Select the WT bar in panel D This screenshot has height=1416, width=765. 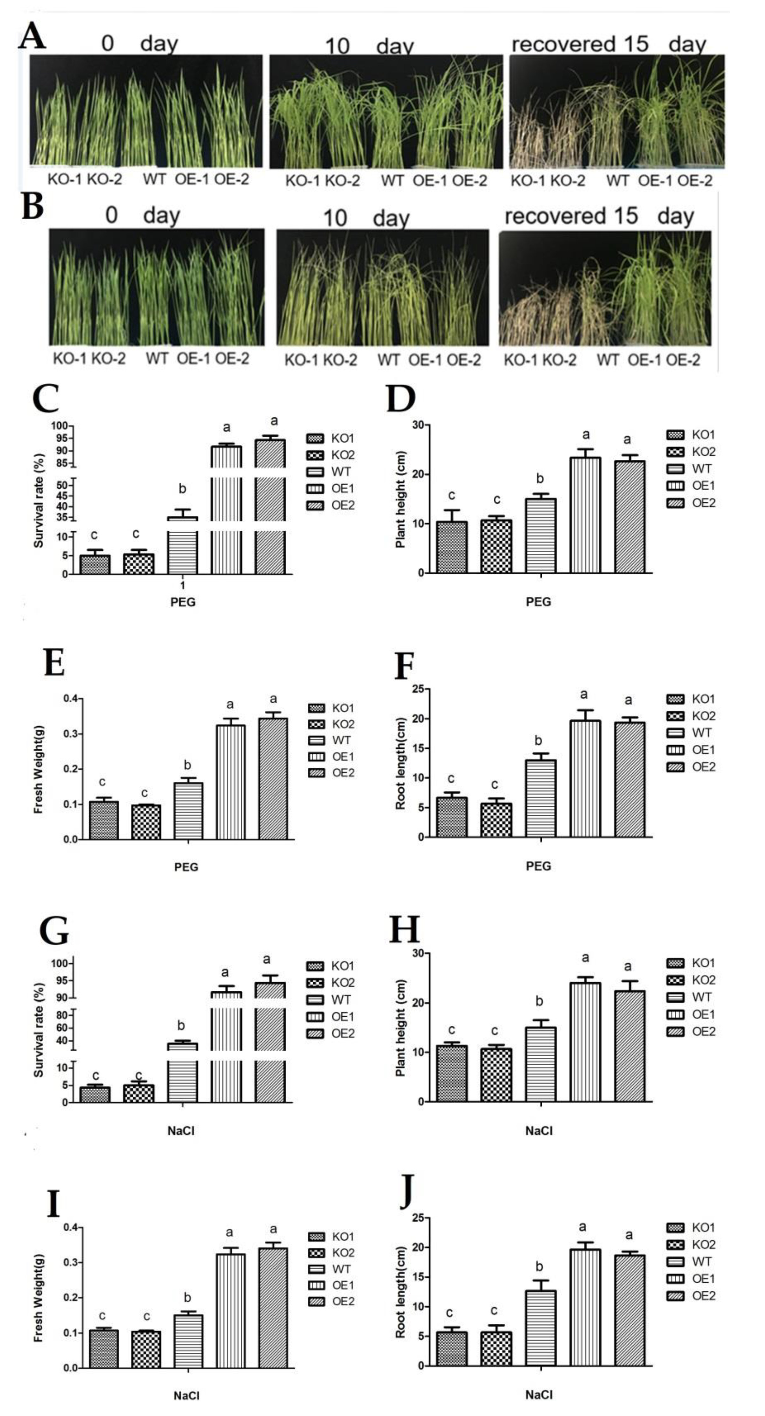click(x=541, y=536)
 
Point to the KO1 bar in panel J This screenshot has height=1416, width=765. click(x=452, y=1348)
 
